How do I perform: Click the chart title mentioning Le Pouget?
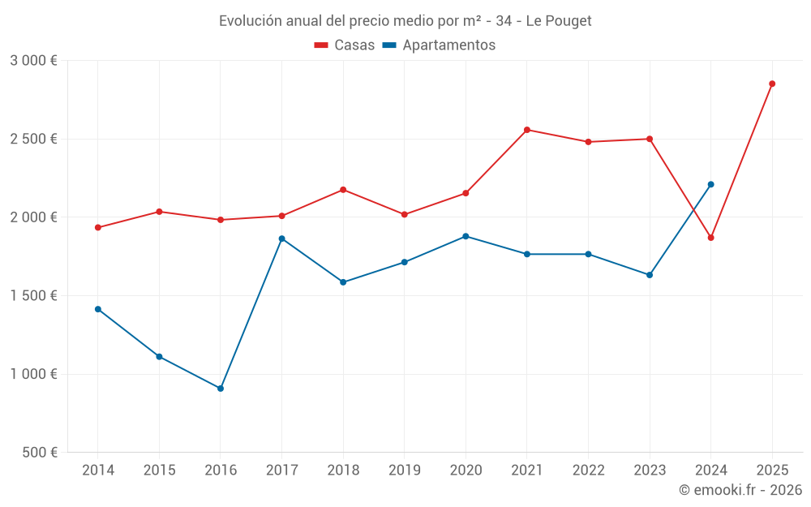[x=405, y=21]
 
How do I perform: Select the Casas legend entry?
[x=345, y=45]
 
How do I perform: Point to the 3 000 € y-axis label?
[x=33, y=61]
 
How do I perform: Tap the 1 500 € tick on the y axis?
[x=33, y=296]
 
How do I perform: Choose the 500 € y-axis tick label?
[x=38, y=453]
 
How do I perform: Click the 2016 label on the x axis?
[x=221, y=470]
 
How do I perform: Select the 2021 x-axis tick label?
[x=526, y=470]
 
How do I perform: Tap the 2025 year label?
[x=771, y=470]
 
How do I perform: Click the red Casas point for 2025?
[x=772, y=84]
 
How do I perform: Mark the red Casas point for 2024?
[x=710, y=238]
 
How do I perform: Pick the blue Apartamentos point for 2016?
[x=221, y=389]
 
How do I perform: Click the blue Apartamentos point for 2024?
[x=710, y=184]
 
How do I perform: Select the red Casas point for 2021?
[x=526, y=130]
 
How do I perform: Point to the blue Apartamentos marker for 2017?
[x=281, y=238]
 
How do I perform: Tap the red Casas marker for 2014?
[x=98, y=228]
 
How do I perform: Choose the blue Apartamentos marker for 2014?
[x=98, y=309]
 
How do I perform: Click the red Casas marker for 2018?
[x=343, y=190]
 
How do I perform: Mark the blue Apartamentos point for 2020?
[x=466, y=236]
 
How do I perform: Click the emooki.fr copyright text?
[x=740, y=490]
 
